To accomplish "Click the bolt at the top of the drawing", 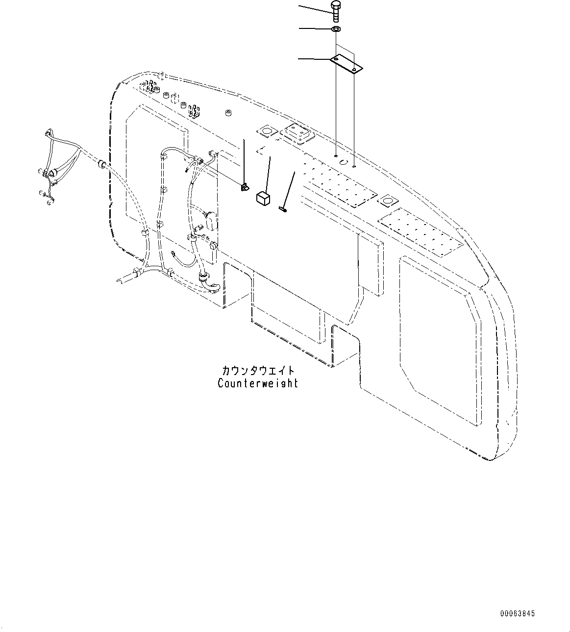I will coord(336,11).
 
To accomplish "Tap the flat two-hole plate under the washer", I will coord(346,64).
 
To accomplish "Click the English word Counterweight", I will coord(258,383).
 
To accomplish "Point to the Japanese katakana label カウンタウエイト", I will coord(258,371).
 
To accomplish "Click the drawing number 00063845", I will coord(518,613).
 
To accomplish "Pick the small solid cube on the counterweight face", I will coord(263,198).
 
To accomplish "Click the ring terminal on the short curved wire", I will coord(173,254).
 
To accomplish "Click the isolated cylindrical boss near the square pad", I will coord(228,114).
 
